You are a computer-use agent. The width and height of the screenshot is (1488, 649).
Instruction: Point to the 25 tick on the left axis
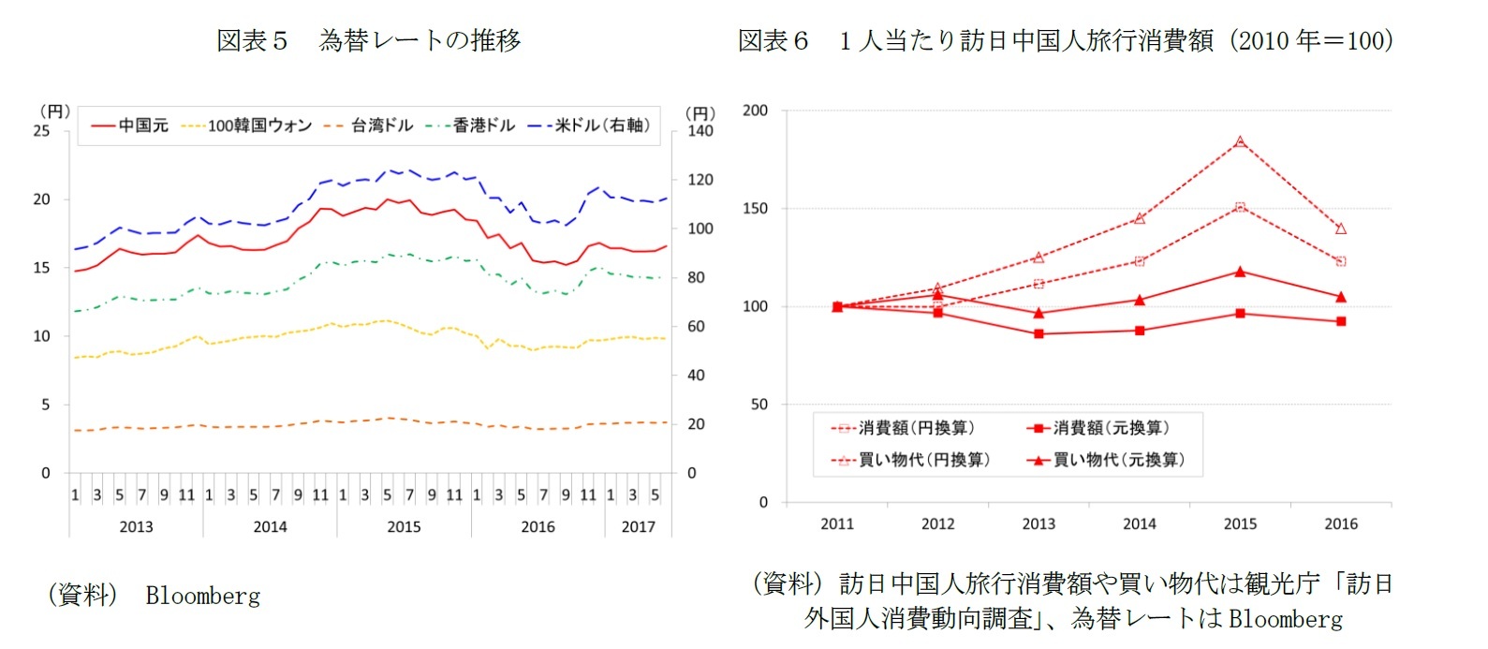[x=42, y=131]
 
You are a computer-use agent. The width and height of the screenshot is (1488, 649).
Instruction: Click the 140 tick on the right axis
[x=700, y=131]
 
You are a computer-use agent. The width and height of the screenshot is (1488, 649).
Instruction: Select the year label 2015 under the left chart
[x=404, y=526]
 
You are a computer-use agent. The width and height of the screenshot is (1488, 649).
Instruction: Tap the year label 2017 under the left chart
[x=638, y=526]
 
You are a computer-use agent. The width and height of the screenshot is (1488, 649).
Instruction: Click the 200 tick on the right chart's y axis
[x=755, y=111]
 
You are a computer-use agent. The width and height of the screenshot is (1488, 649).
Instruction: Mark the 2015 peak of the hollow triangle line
[x=1240, y=141]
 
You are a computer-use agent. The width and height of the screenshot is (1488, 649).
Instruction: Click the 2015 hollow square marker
[x=1240, y=207]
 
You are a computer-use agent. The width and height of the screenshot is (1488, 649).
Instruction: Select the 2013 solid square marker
[x=1039, y=333]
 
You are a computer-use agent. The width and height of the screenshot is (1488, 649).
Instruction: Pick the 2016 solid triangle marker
[x=1341, y=297]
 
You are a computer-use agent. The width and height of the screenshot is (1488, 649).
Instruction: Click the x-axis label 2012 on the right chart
[x=937, y=524]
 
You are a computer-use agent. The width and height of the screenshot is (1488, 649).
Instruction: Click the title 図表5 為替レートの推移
[x=368, y=40]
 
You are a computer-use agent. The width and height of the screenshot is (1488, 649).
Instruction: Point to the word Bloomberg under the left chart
[x=203, y=596]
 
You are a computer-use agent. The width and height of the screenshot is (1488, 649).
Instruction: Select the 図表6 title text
[x=1065, y=40]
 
